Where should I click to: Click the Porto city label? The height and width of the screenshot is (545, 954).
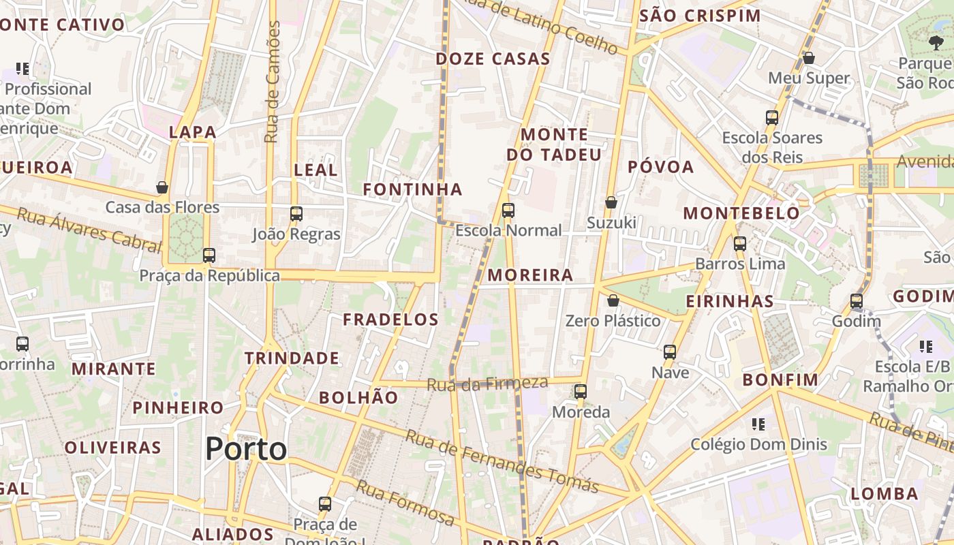pyautogui.click(x=246, y=449)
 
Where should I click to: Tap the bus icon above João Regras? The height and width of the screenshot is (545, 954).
pyautogui.click(x=296, y=214)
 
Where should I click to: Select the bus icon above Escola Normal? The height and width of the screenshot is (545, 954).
pyautogui.click(x=508, y=211)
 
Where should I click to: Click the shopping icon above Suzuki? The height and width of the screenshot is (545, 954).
pyautogui.click(x=611, y=202)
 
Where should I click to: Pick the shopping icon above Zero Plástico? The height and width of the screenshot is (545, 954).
pyautogui.click(x=613, y=300)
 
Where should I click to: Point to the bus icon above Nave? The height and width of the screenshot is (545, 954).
pyautogui.click(x=670, y=352)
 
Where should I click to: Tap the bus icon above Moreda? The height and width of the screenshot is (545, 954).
pyautogui.click(x=580, y=392)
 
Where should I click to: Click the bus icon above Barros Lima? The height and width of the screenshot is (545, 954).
pyautogui.click(x=740, y=243)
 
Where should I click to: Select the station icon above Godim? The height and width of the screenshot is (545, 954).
pyautogui.click(x=856, y=301)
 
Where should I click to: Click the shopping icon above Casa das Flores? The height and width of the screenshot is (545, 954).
pyautogui.click(x=162, y=187)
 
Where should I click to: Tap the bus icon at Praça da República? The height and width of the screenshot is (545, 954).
pyautogui.click(x=209, y=255)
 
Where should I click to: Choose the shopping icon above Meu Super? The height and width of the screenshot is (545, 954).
pyautogui.click(x=809, y=58)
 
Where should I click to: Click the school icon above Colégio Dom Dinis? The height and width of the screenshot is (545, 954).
pyautogui.click(x=758, y=424)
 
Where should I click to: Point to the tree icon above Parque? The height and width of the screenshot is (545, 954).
pyautogui.click(x=936, y=43)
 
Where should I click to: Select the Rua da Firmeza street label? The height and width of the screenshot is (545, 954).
pyautogui.click(x=487, y=384)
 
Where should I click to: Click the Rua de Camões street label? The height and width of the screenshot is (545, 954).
pyautogui.click(x=273, y=82)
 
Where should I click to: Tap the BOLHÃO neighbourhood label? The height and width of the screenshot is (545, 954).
pyautogui.click(x=358, y=397)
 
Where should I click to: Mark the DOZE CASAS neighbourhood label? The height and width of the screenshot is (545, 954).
pyautogui.click(x=493, y=59)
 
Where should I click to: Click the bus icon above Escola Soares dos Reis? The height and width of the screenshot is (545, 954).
pyautogui.click(x=772, y=118)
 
